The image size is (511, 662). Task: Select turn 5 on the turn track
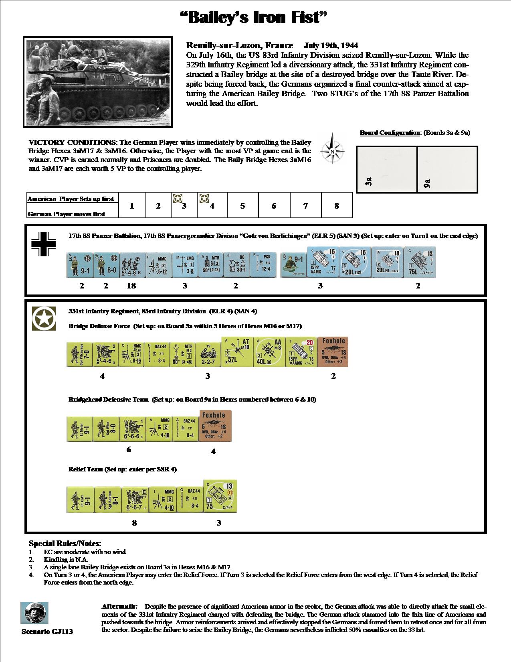tap(242, 206)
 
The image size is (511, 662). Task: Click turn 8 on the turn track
tap(337, 206)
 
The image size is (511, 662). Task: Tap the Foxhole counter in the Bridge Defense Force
tap(333, 352)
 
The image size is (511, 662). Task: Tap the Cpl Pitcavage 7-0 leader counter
tap(79, 355)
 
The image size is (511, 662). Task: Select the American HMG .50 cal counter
tap(131, 355)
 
